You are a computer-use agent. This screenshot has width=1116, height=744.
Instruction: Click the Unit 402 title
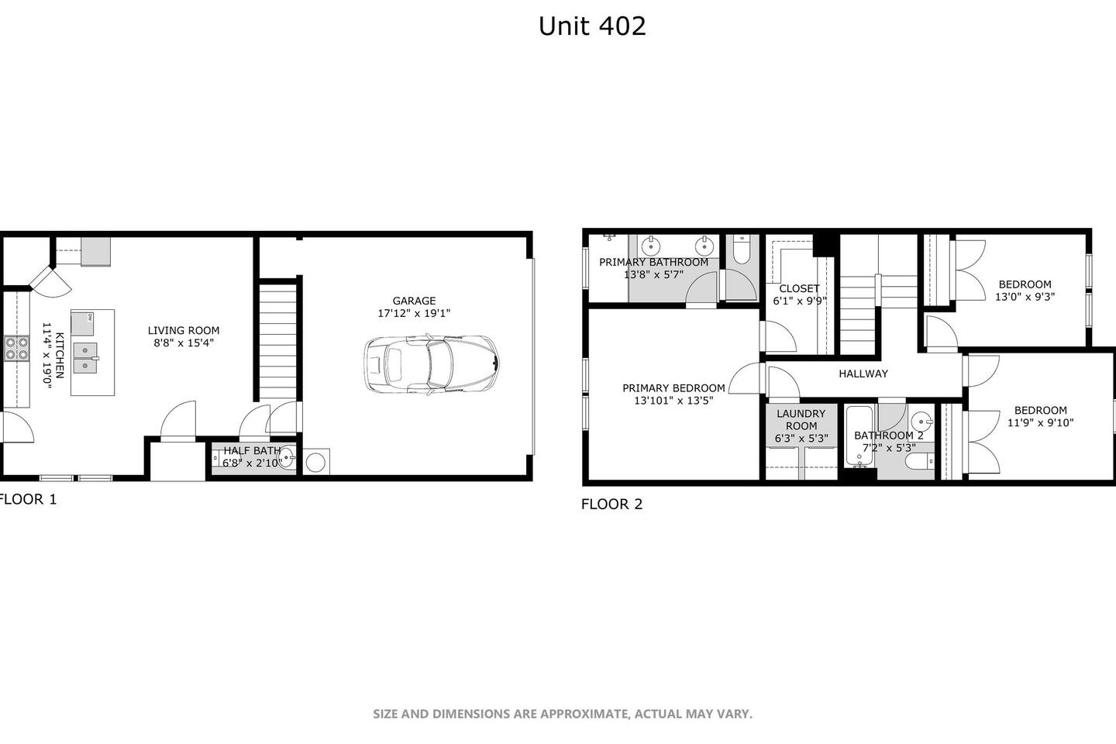click(592, 26)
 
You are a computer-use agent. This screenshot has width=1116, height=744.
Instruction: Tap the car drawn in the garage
click(432, 364)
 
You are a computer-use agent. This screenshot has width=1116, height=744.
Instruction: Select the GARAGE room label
click(414, 301)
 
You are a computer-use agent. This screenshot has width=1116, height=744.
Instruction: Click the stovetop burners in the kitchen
click(16, 348)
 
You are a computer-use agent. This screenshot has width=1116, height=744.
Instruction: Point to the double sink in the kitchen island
click(86, 358)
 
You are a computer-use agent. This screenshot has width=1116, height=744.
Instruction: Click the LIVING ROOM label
click(184, 330)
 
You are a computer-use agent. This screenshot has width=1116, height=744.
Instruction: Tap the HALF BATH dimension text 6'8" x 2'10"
click(252, 463)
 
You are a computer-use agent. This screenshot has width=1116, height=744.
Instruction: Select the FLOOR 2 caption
click(611, 504)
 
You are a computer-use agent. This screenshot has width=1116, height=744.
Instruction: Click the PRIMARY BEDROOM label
click(673, 387)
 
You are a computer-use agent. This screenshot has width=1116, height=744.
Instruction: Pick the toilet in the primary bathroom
click(742, 250)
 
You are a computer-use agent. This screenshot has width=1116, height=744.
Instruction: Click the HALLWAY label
click(863, 374)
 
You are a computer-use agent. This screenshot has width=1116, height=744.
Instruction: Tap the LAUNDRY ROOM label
click(801, 419)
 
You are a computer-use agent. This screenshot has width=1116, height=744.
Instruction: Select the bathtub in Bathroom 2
click(859, 437)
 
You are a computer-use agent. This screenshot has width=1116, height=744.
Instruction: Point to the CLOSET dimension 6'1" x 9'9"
click(800, 301)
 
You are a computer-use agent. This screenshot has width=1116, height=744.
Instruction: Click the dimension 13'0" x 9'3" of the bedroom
click(1025, 297)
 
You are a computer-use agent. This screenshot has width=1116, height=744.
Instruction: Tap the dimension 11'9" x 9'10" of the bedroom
click(1040, 422)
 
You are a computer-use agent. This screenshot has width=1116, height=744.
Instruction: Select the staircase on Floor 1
click(278, 340)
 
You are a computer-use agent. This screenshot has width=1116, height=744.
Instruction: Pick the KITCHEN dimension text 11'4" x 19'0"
click(46, 355)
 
